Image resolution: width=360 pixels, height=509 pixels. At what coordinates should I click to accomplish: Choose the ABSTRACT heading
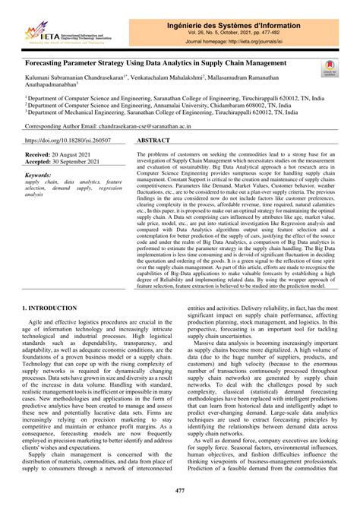(154, 141)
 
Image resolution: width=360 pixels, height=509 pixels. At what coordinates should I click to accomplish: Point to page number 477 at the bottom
(179, 493)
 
